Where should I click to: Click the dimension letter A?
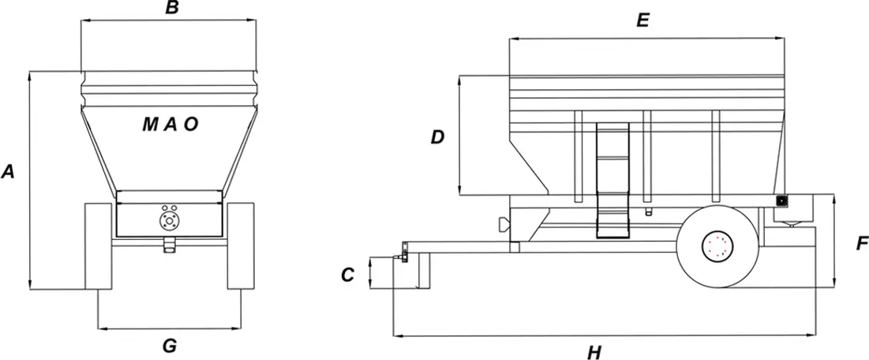pyautogui.click(x=8, y=172)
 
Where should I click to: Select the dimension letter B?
pyautogui.click(x=172, y=8)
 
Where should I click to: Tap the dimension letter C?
pyautogui.click(x=347, y=275)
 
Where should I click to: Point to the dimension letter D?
pyautogui.click(x=438, y=137)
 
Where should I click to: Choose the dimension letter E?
pyautogui.click(x=642, y=21)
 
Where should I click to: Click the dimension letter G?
pyautogui.click(x=169, y=346)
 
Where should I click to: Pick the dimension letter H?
pyautogui.click(x=594, y=352)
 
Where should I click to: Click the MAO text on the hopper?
pyautogui.click(x=170, y=125)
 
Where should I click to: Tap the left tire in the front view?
pyautogui.click(x=99, y=246)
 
